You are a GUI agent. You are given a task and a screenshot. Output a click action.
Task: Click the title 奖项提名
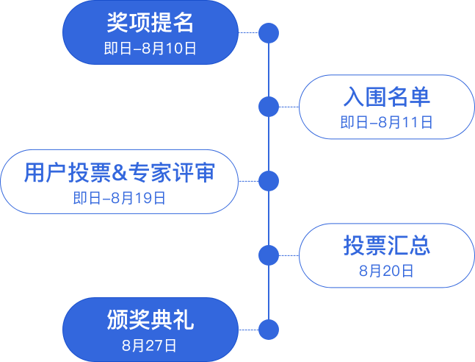coord(150,23)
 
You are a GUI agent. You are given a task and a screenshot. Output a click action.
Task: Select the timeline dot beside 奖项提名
coord(269,32)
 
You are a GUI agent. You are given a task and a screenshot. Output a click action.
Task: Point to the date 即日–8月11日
coord(386,123)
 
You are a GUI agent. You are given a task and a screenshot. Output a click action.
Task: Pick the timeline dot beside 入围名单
coord(269,107)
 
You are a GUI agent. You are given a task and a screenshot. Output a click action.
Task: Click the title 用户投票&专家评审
coord(119,172)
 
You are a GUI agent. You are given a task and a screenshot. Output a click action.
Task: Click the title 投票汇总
coord(386,246)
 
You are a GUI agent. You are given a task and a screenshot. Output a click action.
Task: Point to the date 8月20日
coord(386,271)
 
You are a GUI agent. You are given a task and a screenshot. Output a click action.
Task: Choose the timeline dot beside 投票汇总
coord(269,255)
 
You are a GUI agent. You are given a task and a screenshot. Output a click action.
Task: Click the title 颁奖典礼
coord(150,320)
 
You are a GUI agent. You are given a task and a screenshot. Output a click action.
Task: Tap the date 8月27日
coord(150,344)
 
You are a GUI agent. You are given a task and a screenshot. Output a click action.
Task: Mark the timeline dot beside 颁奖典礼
coord(269,329)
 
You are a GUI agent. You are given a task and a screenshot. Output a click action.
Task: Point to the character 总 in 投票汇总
coord(419,246)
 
